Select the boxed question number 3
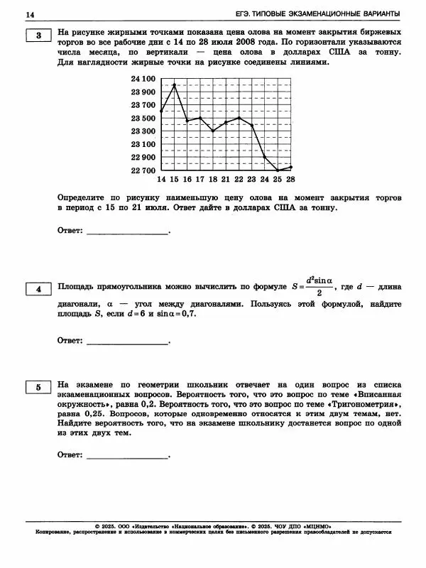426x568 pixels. coord(38,36)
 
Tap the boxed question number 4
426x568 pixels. coord(38,289)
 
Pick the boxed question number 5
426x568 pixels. coord(38,387)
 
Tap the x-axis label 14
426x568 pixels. coord(161,180)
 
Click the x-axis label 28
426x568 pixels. coord(290,180)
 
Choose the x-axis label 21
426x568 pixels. coord(226,180)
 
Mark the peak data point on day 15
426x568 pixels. coord(174,85)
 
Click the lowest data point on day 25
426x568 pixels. coord(278,170)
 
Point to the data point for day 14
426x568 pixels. coord(161,111)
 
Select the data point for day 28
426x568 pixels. coord(290,167)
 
